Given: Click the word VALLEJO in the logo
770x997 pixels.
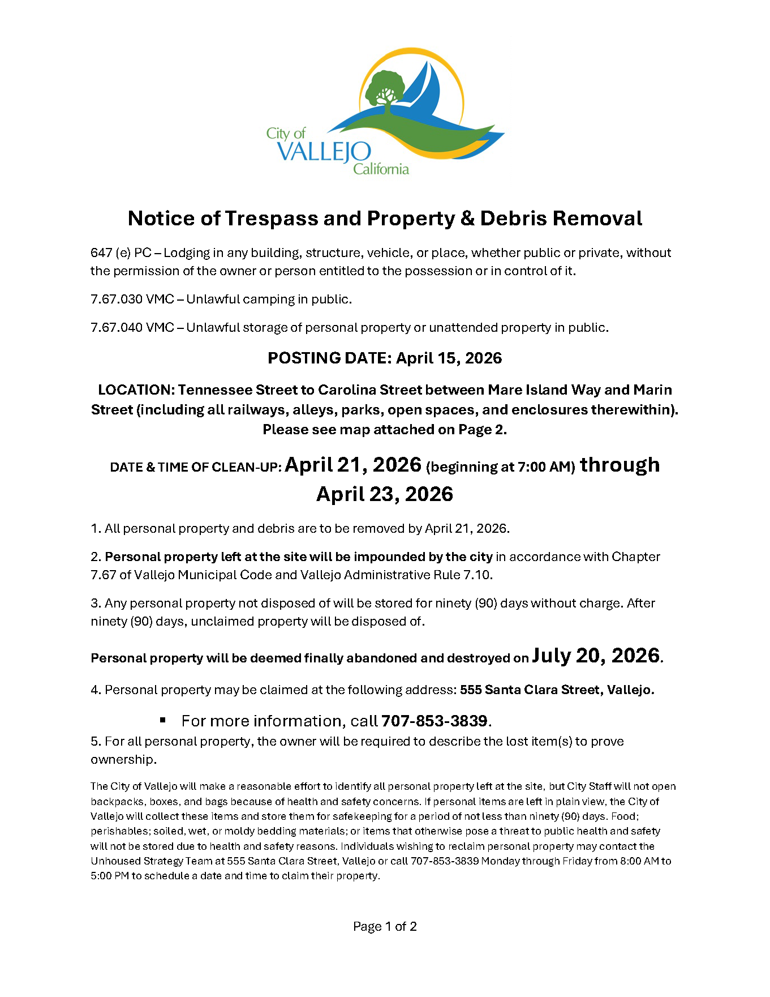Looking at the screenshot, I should click(x=324, y=152).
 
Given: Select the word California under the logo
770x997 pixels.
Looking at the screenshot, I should click(x=381, y=169).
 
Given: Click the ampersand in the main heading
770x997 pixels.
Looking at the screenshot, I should click(x=467, y=219).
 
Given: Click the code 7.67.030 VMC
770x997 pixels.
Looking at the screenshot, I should click(x=132, y=299).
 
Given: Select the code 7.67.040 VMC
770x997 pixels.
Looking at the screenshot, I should click(x=132, y=327).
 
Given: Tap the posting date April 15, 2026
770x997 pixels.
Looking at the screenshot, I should click(x=449, y=358).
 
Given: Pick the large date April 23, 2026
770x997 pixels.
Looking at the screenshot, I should click(x=385, y=494).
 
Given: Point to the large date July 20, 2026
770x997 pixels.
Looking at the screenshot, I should click(x=596, y=655).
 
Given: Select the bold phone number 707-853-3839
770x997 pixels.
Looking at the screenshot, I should click(x=434, y=721).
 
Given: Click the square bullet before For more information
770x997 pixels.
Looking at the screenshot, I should click(x=163, y=720).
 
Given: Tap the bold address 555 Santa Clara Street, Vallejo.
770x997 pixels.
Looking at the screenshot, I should click(x=557, y=690).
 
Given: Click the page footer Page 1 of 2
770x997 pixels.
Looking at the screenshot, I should click(x=385, y=926).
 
